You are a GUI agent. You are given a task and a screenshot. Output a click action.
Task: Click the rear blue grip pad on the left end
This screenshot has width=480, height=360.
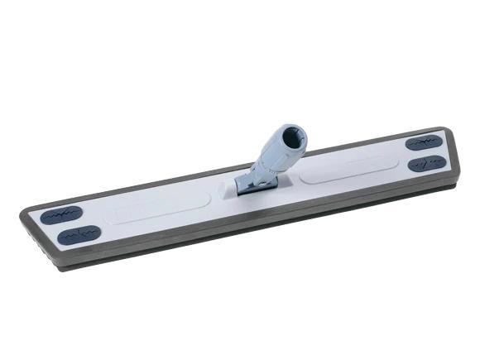(x=63, y=215)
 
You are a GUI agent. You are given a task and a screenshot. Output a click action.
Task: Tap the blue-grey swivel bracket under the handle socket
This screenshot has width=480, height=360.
(x=248, y=182)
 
